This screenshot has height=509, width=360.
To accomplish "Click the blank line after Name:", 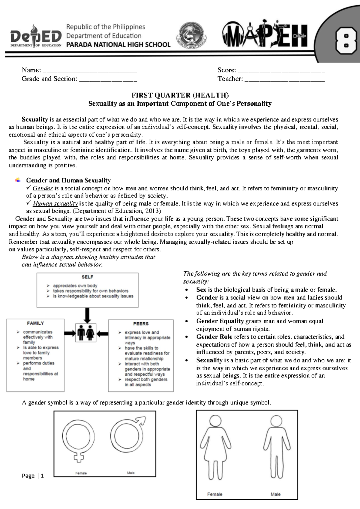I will point(90,72).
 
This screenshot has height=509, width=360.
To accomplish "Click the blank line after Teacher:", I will point(285,80).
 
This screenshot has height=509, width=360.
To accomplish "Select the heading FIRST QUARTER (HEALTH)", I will point(180,95).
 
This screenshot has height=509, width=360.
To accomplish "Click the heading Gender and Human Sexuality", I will point(68,180).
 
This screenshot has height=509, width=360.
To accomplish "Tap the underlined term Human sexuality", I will point(55,203).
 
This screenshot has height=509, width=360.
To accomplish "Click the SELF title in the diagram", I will point(87,277).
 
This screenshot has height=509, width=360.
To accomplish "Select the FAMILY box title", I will point(35,323).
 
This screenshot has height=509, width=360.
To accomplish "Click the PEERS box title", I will point(141,324).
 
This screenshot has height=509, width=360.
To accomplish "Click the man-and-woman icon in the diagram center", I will point(85,333).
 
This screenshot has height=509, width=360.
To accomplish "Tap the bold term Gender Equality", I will point(220,321).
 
